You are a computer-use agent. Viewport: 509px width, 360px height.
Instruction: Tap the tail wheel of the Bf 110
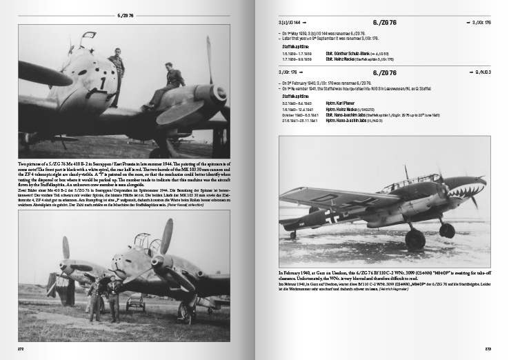[293, 234]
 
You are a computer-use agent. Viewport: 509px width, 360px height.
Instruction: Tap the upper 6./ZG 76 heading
[383, 23]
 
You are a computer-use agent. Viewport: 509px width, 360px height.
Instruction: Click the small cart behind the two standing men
[135, 301]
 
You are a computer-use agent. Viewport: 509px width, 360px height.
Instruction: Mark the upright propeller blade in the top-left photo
[209, 59]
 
